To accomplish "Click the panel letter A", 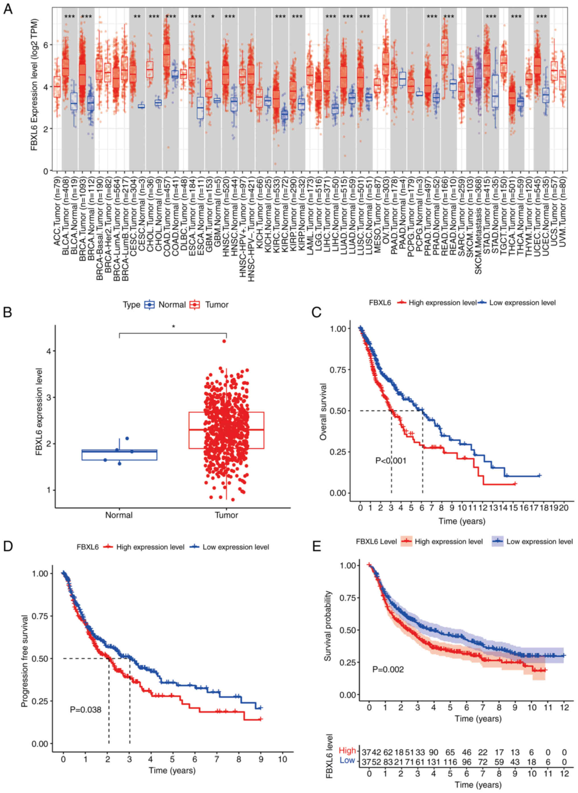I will pyautogui.click(x=7, y=9).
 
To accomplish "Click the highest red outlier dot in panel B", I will pyautogui.click(x=224, y=341).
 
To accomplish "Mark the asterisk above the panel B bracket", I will pyautogui.click(x=173, y=327).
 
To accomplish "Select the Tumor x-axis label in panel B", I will pyautogui.click(x=226, y=515).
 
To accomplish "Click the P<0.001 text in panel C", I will pyautogui.click(x=391, y=460).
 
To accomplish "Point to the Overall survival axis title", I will pyautogui.click(x=323, y=411).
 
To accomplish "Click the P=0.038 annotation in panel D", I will pyautogui.click(x=85, y=709).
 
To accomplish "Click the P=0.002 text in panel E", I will pyautogui.click(x=388, y=669).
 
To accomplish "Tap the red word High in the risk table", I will pyautogui.click(x=347, y=750).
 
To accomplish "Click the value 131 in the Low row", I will pyautogui.click(x=433, y=761).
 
